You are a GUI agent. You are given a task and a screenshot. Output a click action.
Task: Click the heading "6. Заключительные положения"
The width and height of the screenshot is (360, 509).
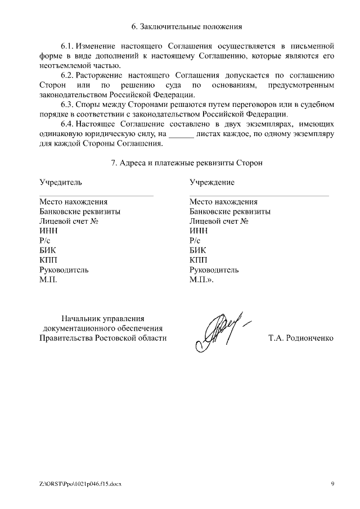click(187, 26)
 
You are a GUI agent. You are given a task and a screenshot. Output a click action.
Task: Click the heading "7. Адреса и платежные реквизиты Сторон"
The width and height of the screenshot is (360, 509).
click(187, 163)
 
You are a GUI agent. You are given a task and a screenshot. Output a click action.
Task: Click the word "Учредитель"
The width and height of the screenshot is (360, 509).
click(60, 182)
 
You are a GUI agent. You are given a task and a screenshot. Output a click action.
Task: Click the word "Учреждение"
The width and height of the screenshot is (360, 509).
click(212, 182)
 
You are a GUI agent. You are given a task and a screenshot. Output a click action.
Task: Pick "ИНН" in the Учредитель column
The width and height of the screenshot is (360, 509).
click(48, 231)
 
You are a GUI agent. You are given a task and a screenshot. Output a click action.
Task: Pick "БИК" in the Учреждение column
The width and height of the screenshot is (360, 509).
click(198, 250)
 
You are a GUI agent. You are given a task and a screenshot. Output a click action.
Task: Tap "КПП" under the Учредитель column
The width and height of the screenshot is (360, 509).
click(48, 260)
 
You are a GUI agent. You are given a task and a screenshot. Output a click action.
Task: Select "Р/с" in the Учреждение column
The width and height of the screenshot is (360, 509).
click(195, 241)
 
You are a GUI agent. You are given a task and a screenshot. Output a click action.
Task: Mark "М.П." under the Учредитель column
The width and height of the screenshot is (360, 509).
click(48, 280)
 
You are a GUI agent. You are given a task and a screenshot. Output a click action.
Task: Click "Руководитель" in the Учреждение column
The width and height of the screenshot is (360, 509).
click(214, 270)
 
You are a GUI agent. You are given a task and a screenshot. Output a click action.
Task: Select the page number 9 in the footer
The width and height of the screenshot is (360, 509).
click(332, 483)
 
